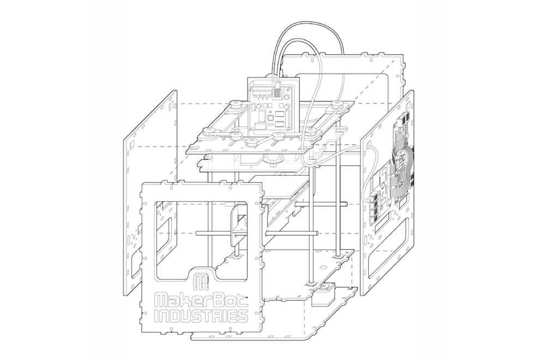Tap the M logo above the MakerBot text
coord(202,282)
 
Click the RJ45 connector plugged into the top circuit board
coord(277,89)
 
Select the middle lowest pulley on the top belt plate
coord(253,142)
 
